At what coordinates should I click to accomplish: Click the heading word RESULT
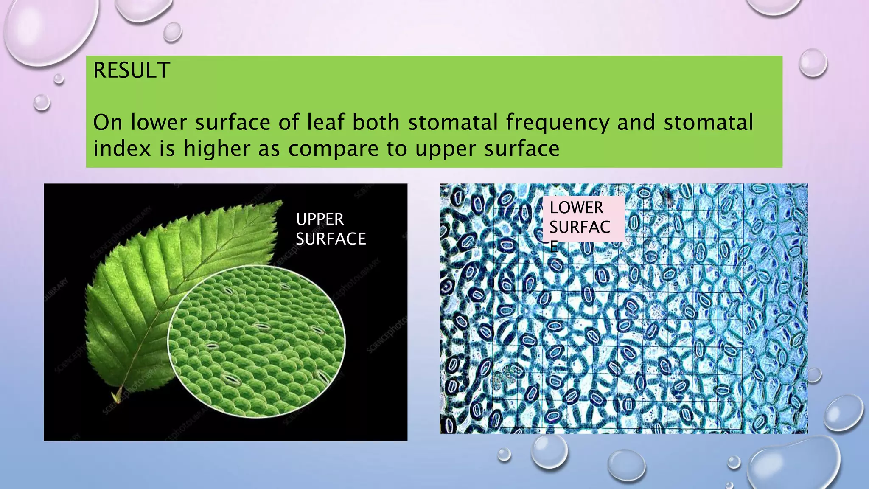(132, 70)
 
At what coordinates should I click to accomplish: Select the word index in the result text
(122, 149)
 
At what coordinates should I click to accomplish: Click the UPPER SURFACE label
(331, 229)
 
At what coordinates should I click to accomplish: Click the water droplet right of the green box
(813, 63)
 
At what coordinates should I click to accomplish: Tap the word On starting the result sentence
(107, 122)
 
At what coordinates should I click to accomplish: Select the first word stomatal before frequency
(453, 122)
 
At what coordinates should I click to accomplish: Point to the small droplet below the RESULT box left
(42, 102)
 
